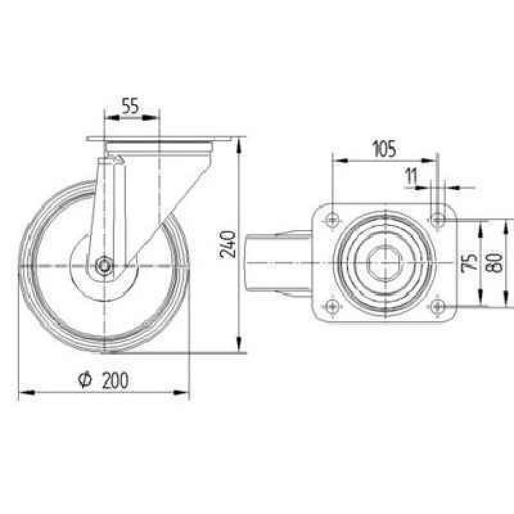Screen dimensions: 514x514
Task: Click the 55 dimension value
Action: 130,105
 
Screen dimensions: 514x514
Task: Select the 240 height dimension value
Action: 227,244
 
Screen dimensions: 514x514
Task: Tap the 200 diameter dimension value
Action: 115,380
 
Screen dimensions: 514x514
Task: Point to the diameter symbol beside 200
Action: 85,380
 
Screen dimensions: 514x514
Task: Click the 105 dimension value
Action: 384,149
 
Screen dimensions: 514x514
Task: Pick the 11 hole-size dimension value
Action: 411,176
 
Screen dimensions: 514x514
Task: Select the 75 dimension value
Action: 469,263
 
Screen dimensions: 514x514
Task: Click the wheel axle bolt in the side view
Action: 104,265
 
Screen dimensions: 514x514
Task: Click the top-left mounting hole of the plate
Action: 332,218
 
